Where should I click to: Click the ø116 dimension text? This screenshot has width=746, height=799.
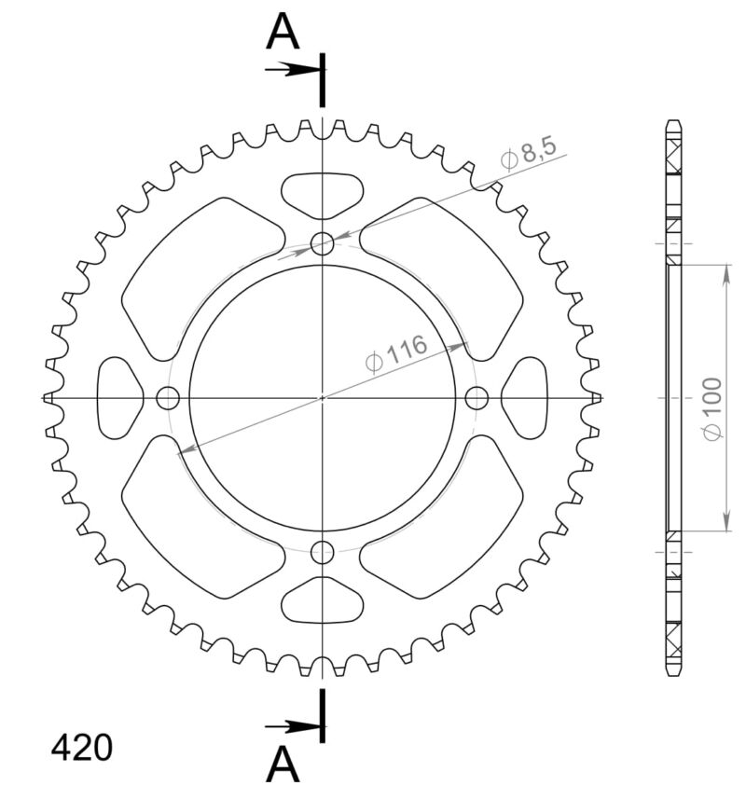click(396, 353)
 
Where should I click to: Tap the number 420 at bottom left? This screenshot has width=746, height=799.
click(81, 748)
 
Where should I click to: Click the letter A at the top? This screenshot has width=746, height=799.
click(283, 33)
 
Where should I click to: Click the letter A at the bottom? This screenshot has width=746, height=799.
click(283, 765)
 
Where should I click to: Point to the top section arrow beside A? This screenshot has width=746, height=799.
click(291, 69)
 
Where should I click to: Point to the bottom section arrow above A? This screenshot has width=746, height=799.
click(291, 726)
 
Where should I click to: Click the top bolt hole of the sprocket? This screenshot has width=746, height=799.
click(323, 244)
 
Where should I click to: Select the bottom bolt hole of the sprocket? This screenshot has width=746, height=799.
click(323, 551)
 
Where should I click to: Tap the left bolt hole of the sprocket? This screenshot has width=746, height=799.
click(168, 398)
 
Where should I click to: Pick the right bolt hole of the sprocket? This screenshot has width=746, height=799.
click(477, 398)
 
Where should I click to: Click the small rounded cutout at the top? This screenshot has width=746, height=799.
click(322, 194)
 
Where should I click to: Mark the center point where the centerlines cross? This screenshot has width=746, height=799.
click(323, 398)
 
